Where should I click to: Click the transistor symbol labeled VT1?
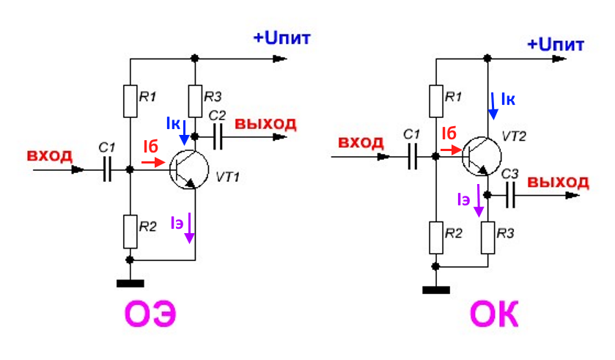[x=189, y=170]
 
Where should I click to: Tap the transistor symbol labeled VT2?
[x=482, y=156]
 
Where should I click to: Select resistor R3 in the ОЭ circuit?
[x=195, y=101]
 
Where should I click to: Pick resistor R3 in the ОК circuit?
[x=488, y=238]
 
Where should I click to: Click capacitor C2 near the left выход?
[x=217, y=137]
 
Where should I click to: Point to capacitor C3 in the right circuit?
[x=510, y=195]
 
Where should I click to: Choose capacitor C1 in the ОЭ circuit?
[x=107, y=169]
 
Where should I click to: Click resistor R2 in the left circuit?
[x=130, y=232]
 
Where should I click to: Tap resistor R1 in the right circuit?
[x=435, y=101]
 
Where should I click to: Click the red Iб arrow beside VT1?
[x=153, y=162]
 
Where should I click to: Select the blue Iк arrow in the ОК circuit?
[x=493, y=106]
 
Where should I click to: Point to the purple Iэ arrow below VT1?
[x=189, y=228]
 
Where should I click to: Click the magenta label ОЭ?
[x=150, y=314]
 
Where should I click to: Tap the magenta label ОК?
[x=494, y=314]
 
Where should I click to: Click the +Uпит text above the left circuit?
[x=282, y=38]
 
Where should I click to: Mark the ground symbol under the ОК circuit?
[x=435, y=290]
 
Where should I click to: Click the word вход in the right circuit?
[x=361, y=142]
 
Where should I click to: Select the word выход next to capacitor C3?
[x=558, y=183]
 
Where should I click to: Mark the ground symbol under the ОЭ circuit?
[x=130, y=284]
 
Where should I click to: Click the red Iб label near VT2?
[x=449, y=133]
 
